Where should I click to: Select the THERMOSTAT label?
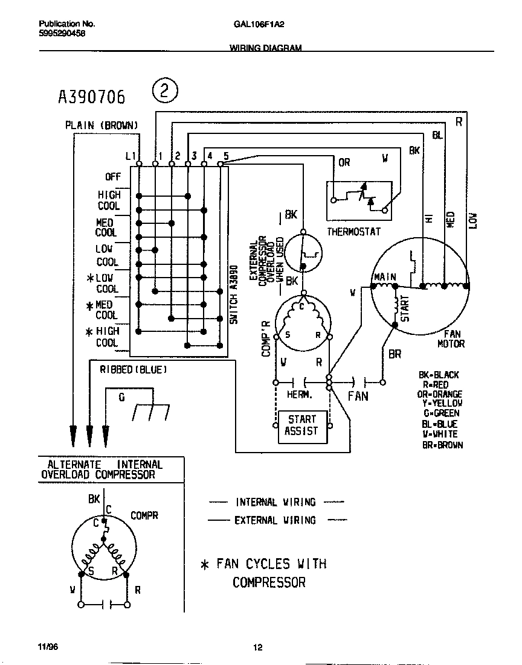click(x=353, y=232)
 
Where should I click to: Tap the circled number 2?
click(x=165, y=92)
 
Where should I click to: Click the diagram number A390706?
click(x=91, y=96)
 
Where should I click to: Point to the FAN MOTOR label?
click(x=451, y=339)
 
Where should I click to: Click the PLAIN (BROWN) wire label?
click(x=101, y=126)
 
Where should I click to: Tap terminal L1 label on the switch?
click(x=130, y=156)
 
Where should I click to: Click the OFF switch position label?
click(x=113, y=177)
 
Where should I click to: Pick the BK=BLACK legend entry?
click(x=439, y=375)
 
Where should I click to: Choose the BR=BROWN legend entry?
click(x=442, y=445)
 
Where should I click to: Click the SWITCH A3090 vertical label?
click(x=235, y=295)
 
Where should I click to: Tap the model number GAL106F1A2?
click(x=258, y=25)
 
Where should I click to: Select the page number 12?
click(x=258, y=648)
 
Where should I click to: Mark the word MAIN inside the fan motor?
click(x=385, y=278)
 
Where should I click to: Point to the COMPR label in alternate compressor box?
click(x=144, y=515)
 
